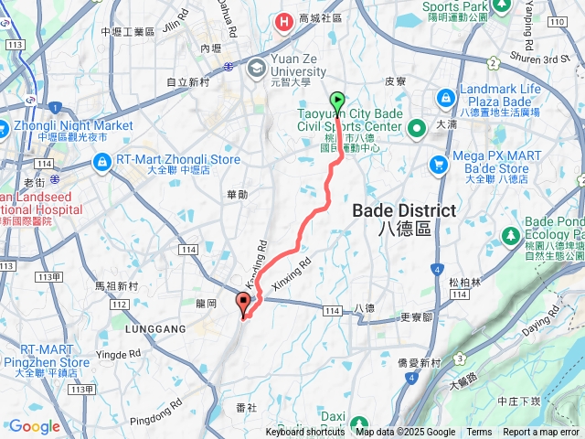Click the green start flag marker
click(x=337, y=102)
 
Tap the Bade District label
click(x=404, y=210)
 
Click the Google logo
click(x=34, y=426)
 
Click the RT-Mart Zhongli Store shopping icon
click(x=102, y=162)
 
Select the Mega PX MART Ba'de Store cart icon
click(x=439, y=164)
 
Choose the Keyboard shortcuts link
click(x=305, y=433)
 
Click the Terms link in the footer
click(x=479, y=433)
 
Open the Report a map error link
click(x=541, y=433)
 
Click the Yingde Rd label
click(x=124, y=354)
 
